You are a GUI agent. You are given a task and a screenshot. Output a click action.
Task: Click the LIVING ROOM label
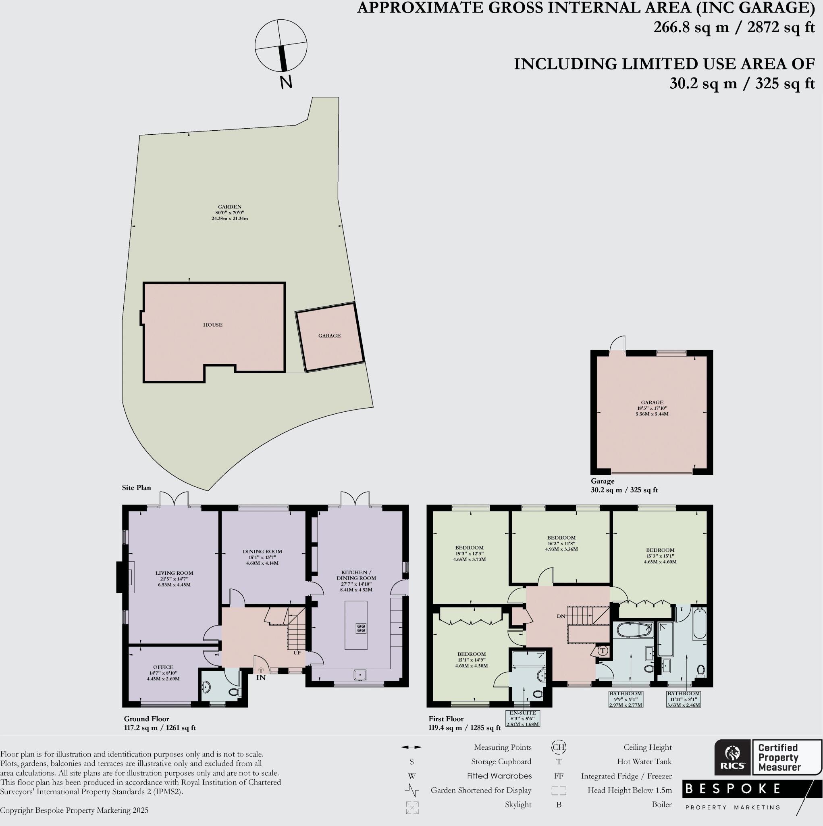pyautogui.click(x=174, y=578)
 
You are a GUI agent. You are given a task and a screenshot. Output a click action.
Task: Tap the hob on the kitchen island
pyautogui.click(x=361, y=628)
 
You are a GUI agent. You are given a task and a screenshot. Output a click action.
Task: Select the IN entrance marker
pyautogui.click(x=261, y=677)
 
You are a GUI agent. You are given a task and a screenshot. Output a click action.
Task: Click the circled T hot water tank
pyautogui.click(x=603, y=651)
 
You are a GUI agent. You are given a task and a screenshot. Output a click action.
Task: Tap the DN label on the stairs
pyautogui.click(x=561, y=616)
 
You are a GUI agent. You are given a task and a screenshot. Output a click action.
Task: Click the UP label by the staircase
pyautogui.click(x=297, y=653)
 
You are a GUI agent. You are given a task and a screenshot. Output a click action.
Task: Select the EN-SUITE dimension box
pyautogui.click(x=523, y=718)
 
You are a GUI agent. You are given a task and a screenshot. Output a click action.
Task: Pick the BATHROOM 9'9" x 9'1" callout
pyautogui.click(x=626, y=699)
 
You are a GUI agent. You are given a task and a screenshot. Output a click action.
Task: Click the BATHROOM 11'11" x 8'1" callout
pyautogui.click(x=683, y=699)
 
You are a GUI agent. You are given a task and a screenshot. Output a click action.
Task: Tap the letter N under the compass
pyautogui.click(x=286, y=82)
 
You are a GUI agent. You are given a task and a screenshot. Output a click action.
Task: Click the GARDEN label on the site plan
pyautogui.click(x=229, y=212)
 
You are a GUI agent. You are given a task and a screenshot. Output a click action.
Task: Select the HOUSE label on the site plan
pyautogui.click(x=213, y=325)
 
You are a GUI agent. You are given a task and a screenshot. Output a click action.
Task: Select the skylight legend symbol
pyautogui.click(x=412, y=807)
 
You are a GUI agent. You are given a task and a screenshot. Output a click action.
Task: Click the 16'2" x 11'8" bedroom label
pyautogui.click(x=561, y=543)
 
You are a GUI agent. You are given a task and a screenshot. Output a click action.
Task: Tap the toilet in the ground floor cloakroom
pyautogui.click(x=234, y=692)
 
